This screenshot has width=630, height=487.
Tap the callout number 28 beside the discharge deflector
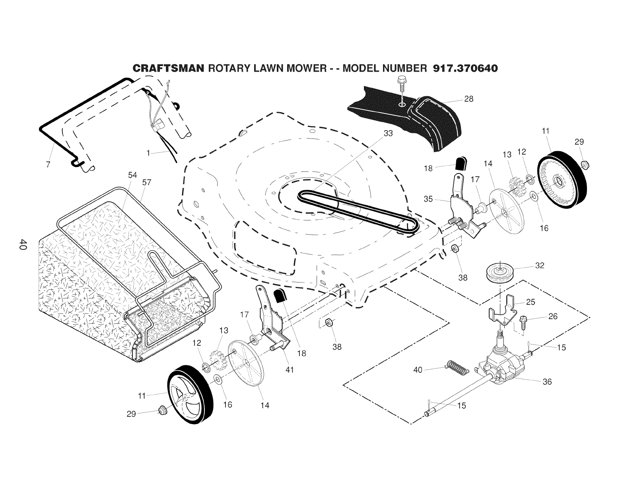pyautogui.click(x=469, y=99)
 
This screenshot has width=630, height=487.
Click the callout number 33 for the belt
pyautogui.click(x=388, y=133)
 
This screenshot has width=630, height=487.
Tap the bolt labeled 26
pyautogui.click(x=523, y=320)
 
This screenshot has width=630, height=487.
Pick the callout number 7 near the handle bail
pyautogui.click(x=48, y=164)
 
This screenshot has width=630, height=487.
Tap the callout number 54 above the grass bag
pyautogui.click(x=132, y=175)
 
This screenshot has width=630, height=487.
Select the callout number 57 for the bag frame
pyautogui.click(x=146, y=183)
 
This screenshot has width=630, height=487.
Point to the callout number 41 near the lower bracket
pyautogui.click(x=290, y=370)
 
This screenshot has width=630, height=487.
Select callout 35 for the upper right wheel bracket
pyautogui.click(x=428, y=199)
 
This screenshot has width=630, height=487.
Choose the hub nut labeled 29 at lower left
pyautogui.click(x=162, y=409)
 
